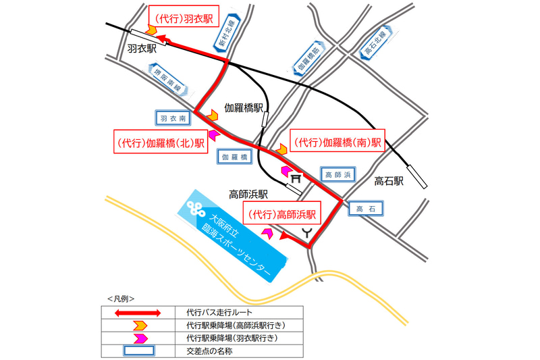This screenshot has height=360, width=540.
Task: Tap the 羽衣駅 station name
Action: click(142, 49)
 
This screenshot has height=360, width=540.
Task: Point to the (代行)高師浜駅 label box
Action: click(283, 216)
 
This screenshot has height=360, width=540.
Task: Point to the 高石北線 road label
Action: click(374, 44)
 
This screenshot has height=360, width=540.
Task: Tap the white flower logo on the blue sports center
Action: click(197, 208)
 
